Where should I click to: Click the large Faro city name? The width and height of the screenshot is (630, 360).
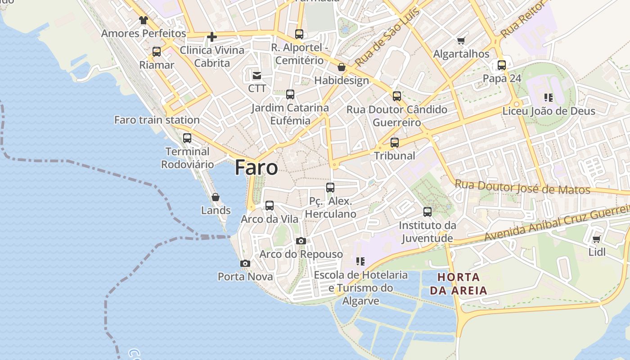pyautogui.click(x=256, y=167)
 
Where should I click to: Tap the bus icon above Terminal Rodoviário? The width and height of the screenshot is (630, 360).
pyautogui.click(x=187, y=138)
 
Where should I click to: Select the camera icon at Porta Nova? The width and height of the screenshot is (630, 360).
pyautogui.click(x=245, y=263)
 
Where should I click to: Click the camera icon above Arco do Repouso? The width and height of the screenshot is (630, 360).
pyautogui.click(x=301, y=241)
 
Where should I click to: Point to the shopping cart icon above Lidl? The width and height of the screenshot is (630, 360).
pyautogui.click(x=597, y=239)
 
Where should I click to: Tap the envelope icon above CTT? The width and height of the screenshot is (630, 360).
pyautogui.click(x=257, y=75)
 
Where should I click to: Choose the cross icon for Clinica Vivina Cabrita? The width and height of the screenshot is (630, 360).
pyautogui.click(x=212, y=37)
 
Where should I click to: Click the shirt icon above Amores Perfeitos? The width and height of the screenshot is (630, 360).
pyautogui.click(x=144, y=20)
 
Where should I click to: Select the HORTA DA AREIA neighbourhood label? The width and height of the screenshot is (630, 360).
pyautogui.click(x=459, y=283)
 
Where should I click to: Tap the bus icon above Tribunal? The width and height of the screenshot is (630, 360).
pyautogui.click(x=395, y=143)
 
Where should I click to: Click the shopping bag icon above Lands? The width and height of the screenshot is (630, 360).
pyautogui.click(x=216, y=197)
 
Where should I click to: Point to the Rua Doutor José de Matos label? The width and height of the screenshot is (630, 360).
pyautogui.click(x=522, y=187)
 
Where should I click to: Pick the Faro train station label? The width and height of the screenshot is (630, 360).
pyautogui.click(x=157, y=120)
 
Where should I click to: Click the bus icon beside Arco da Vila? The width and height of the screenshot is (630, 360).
pyautogui.click(x=270, y=206)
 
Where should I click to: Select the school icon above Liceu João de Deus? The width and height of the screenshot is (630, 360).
pyautogui.click(x=548, y=97)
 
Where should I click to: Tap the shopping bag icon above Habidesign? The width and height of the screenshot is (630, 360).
pyautogui.click(x=342, y=67)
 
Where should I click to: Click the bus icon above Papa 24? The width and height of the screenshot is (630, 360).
pyautogui.click(x=502, y=65)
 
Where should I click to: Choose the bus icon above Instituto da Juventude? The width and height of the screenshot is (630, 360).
pyautogui.click(x=427, y=211)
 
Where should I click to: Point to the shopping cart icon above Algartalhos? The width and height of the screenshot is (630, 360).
pyautogui.click(x=461, y=41)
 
